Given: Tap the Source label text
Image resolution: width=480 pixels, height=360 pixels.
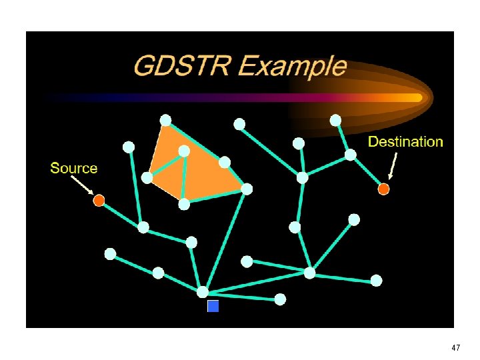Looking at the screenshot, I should click(73, 169).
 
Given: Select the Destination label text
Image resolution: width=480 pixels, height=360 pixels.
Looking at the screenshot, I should click(405, 142).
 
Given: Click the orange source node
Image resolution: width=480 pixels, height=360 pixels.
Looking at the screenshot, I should click(99, 200).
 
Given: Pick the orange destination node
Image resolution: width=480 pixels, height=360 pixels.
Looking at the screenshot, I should click(383, 189).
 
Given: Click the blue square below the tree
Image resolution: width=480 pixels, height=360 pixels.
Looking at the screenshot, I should click(213, 306).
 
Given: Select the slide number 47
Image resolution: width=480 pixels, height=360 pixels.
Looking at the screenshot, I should click(455, 348).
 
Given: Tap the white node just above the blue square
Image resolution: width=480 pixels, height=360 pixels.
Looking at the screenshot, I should click(203, 291).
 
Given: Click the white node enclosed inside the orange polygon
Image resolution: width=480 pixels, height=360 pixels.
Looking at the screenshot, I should click(184, 151).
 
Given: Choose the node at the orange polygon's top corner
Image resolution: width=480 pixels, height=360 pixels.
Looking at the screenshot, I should click(165, 120).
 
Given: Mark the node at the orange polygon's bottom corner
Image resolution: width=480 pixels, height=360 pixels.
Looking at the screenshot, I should click(184, 204).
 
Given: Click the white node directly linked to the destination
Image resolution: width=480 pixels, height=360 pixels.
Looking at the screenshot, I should click(350, 155).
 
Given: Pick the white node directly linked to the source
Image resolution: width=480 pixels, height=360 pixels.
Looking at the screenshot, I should click(143, 227).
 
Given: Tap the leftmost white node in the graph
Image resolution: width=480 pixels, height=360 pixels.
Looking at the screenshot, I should click(110, 254).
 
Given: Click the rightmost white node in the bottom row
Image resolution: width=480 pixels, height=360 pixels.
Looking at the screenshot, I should click(377, 281).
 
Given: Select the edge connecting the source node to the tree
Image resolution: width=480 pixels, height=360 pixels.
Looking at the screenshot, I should click(121, 214).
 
